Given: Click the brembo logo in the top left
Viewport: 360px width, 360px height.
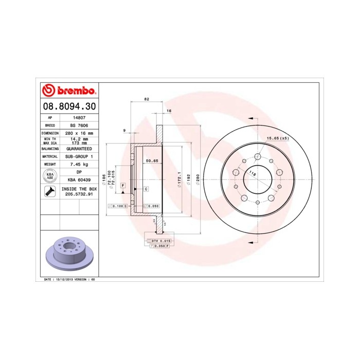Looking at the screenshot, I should point(68,91).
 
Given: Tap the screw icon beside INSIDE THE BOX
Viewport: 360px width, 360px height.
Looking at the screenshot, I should point(50,192).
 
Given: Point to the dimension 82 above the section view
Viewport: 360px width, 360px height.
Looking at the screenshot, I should point(147,99).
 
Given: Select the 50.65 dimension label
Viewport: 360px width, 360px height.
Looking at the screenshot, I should point(151,161).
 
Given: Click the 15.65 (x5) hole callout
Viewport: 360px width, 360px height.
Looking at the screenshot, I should point(277,138).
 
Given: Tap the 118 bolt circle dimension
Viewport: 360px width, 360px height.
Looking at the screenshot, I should point(253,174).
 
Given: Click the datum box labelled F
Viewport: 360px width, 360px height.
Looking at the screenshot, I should point(123,185).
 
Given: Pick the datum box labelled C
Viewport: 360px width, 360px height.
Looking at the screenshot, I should point(146,189).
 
